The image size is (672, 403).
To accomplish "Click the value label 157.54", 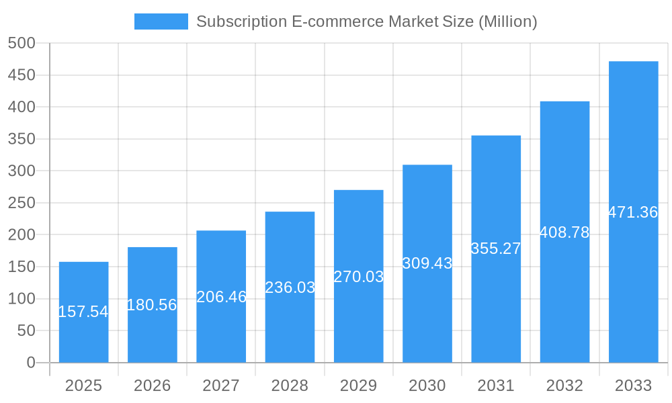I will pyautogui.click(x=83, y=312).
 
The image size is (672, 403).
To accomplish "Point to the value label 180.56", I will pyautogui.click(x=152, y=305).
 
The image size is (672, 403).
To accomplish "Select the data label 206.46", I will pyautogui.click(x=221, y=297).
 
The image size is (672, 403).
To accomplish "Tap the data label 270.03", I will pyautogui.click(x=359, y=277).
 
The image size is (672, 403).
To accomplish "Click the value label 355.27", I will pyautogui.click(x=496, y=249).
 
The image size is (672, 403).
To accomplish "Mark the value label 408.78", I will pyautogui.click(x=564, y=232).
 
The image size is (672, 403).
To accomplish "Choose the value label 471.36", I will pyautogui.click(x=633, y=212).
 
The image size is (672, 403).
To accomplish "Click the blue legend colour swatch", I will pyautogui.click(x=161, y=21).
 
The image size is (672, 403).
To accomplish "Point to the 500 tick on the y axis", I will pyautogui.click(x=22, y=43).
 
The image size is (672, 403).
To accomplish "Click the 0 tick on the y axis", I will pyautogui.click(x=31, y=363).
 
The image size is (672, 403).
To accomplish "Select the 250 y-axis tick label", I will pyautogui.click(x=22, y=203).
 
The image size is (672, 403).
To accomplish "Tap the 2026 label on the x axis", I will pyautogui.click(x=152, y=386).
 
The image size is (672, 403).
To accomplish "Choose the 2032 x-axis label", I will pyautogui.click(x=564, y=386).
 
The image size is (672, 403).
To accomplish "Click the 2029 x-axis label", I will pyautogui.click(x=359, y=386).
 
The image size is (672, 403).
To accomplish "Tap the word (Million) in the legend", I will pyautogui.click(x=507, y=21).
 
